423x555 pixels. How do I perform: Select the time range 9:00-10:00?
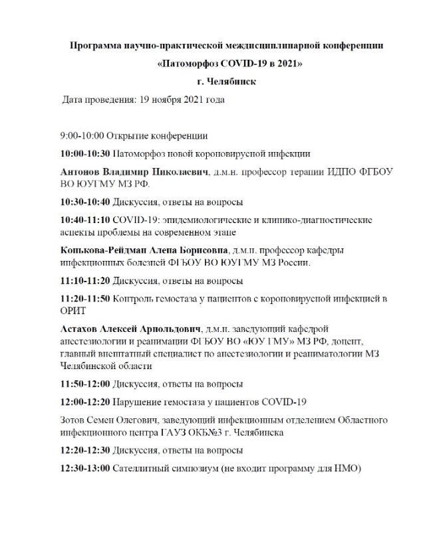point(82,135)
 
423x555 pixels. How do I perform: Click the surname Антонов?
point(80,171)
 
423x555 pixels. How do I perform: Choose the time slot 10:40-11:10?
point(85,219)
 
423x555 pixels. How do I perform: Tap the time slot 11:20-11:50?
point(85,298)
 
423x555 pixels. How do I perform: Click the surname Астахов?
point(80,330)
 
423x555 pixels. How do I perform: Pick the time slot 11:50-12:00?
point(85,384)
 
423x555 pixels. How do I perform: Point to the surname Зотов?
point(74,420)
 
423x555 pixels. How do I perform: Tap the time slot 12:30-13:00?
point(85,468)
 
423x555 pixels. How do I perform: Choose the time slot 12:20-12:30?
point(85,450)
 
